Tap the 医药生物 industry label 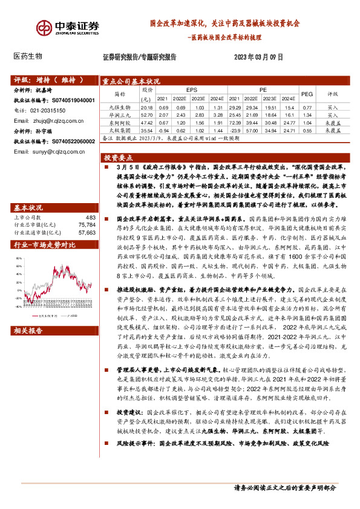point(28,56)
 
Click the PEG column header point(307,94)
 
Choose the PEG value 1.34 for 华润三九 point(307,114)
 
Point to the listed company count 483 point(91,217)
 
